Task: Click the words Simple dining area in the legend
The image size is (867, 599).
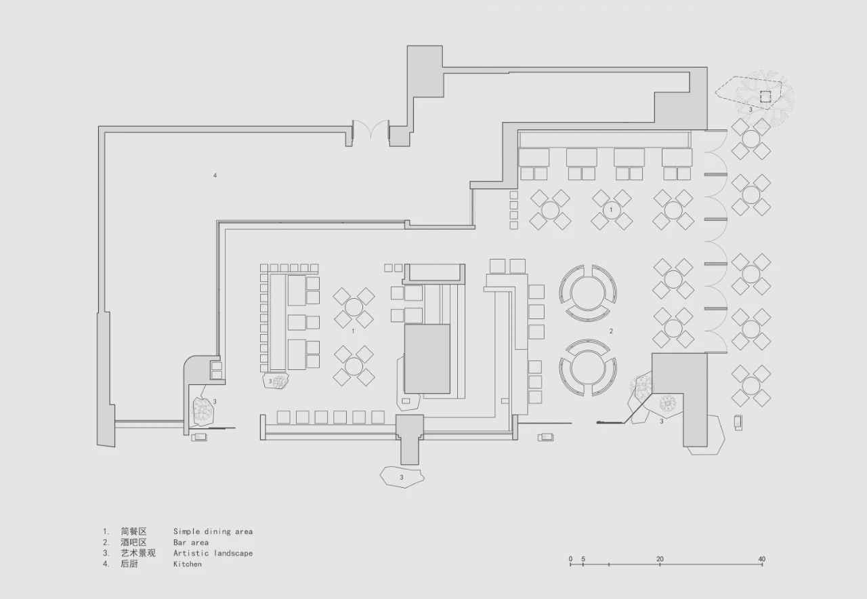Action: click(x=213, y=532)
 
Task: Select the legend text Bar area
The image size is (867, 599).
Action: click(x=191, y=543)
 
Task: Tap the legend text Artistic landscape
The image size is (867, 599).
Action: click(x=213, y=554)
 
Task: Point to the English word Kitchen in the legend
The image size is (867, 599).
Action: click(x=188, y=564)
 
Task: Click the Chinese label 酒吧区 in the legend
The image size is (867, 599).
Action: click(x=133, y=543)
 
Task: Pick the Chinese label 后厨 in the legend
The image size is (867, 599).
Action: click(x=129, y=564)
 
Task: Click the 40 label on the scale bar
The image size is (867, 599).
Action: click(x=762, y=559)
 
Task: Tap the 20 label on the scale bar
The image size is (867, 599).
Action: click(x=660, y=559)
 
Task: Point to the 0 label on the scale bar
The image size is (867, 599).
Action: click(x=570, y=559)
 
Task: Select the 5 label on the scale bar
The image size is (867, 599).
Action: click(x=583, y=559)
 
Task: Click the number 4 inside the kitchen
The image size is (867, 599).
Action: click(x=215, y=175)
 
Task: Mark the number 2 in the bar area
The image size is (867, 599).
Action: click(x=611, y=331)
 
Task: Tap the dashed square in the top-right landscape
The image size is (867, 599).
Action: click(x=765, y=96)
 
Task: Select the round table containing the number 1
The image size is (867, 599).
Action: click(x=612, y=210)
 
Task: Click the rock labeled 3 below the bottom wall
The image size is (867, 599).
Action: click(x=402, y=477)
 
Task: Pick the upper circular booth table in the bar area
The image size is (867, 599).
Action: click(x=587, y=293)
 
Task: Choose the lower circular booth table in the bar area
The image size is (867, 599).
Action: click(x=587, y=367)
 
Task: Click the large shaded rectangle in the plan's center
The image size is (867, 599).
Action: click(x=427, y=359)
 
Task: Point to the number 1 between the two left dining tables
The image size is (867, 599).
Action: click(x=353, y=331)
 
